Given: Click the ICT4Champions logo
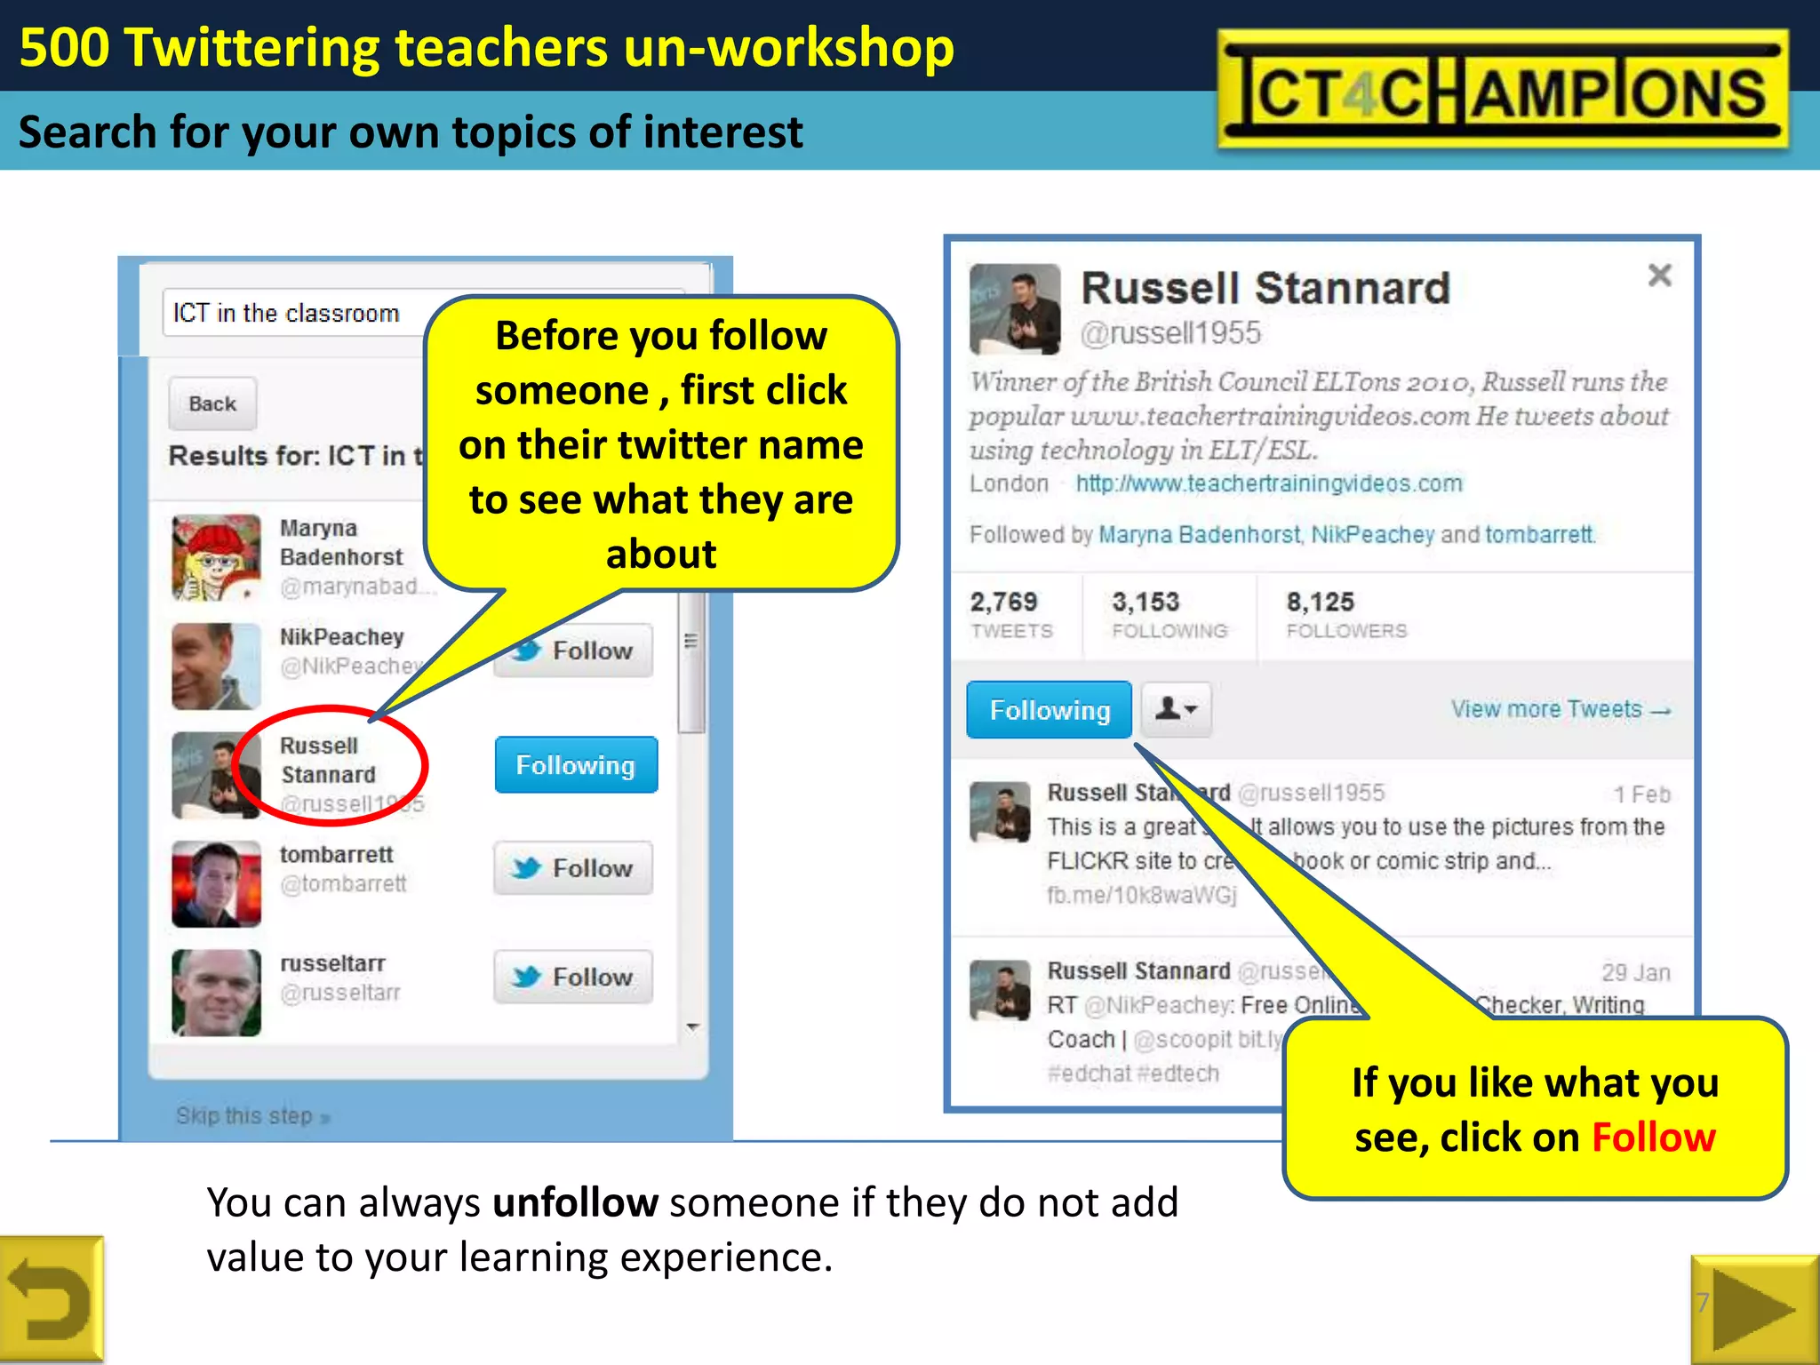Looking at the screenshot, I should pyautogui.click(x=1503, y=90).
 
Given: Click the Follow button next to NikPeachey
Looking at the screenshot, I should pyautogui.click(x=574, y=651).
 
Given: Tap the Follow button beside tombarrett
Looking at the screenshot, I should pyautogui.click(x=573, y=868).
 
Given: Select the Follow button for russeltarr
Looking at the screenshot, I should pyautogui.click(x=573, y=977).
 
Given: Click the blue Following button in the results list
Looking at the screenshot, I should pyautogui.click(x=576, y=765).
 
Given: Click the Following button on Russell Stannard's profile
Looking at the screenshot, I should pyautogui.click(x=1049, y=710).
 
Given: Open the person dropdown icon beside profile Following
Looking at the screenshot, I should pyautogui.click(x=1176, y=709).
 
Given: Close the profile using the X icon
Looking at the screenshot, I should pyautogui.click(x=1659, y=275).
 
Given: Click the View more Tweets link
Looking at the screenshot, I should pyautogui.click(x=1561, y=709).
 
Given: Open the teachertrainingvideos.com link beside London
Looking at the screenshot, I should pyautogui.click(x=1268, y=483).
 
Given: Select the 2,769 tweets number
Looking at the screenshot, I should pyautogui.click(x=1003, y=603).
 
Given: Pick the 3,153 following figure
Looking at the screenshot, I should pyautogui.click(x=1145, y=603).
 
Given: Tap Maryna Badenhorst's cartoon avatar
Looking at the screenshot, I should pyautogui.click(x=216, y=558).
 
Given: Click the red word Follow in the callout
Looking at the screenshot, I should pyautogui.click(x=1653, y=1137).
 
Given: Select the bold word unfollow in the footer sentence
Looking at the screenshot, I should pyautogui.click(x=575, y=1203).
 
